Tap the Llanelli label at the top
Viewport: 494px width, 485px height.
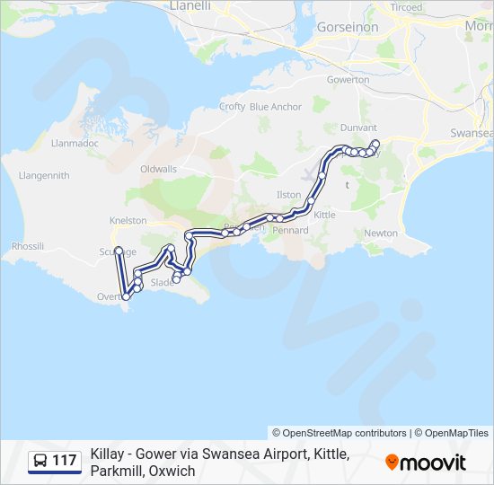tap(190, 5)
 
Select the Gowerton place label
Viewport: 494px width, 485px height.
tap(348, 80)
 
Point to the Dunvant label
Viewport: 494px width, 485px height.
tap(359, 128)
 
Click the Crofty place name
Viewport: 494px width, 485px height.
tap(232, 107)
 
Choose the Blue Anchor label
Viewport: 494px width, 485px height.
tap(276, 107)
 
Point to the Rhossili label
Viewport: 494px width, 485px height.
tap(28, 246)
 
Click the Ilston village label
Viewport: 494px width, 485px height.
tap(288, 194)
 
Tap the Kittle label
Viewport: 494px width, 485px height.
tap(324, 216)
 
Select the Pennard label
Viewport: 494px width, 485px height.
tap(290, 231)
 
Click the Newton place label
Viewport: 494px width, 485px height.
tap(381, 233)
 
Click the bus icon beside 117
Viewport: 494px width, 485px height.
tap(40, 462)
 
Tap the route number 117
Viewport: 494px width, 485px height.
tap(64, 462)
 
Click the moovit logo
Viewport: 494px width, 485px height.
tap(426, 463)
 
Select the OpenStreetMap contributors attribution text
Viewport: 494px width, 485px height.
tap(340, 433)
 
